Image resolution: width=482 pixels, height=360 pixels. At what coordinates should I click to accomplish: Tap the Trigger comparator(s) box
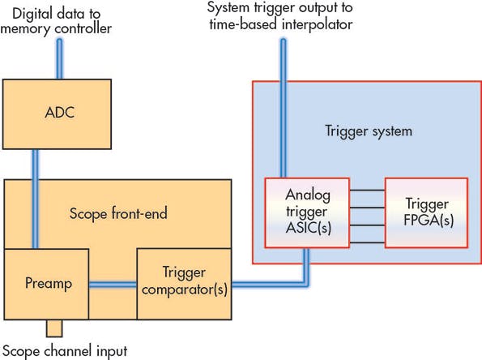(x=183, y=284)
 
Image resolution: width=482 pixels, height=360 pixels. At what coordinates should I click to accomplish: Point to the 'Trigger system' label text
(x=357, y=131)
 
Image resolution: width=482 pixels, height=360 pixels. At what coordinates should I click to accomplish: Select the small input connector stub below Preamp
(x=55, y=328)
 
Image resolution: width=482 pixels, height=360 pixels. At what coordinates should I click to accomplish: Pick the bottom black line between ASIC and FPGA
(x=368, y=235)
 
